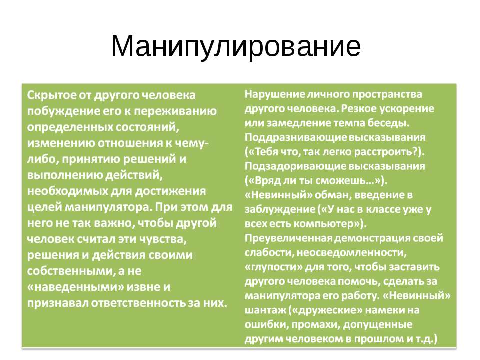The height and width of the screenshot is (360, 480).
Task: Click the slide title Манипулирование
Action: click(235, 46)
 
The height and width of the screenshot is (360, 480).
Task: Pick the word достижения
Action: click(165, 191)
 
